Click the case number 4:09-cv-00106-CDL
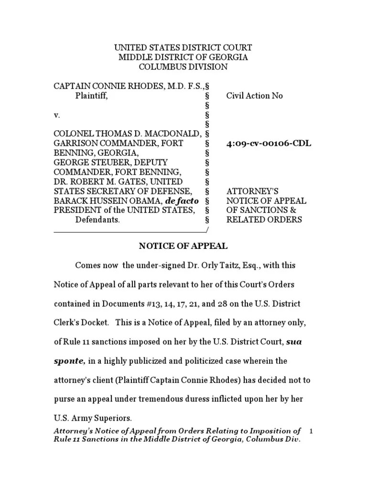pos(269,144)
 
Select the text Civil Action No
pos(254,96)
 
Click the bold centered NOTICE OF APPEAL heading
pos(183,246)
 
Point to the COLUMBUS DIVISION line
pos(183,67)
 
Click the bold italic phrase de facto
pos(181,201)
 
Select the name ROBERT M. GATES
pos(110,182)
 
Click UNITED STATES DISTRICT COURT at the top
pos(183,48)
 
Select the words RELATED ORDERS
pos(264,220)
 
